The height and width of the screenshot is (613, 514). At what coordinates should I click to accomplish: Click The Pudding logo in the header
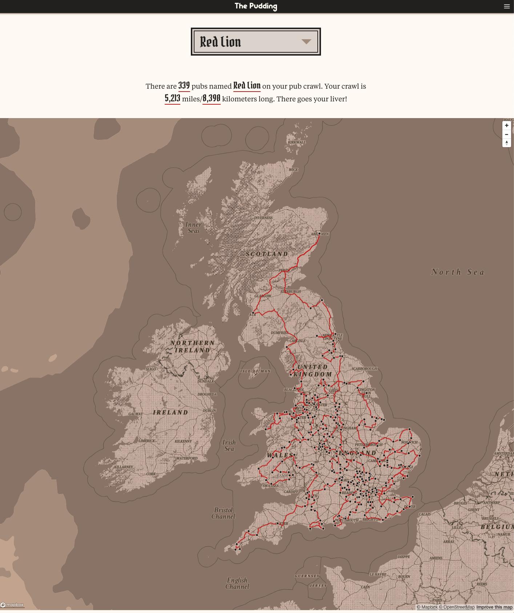[256, 6]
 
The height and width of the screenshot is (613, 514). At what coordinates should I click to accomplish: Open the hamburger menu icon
[507, 6]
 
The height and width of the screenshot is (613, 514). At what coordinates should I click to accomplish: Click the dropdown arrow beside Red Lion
[306, 42]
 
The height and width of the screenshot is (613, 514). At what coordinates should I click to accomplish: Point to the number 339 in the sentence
[184, 86]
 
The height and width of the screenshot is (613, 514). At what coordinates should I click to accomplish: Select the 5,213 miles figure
[172, 98]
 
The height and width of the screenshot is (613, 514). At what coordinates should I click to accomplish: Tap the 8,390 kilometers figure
[212, 98]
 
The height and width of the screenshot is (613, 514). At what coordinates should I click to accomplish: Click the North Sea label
[457, 272]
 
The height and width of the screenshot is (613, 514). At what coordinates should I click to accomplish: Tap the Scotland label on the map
[267, 254]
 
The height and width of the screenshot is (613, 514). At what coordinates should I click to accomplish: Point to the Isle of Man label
[255, 371]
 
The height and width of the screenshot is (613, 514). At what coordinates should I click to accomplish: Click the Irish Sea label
[229, 445]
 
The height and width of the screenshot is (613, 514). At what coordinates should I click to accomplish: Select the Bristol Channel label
[223, 513]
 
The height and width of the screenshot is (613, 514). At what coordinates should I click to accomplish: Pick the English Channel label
[237, 583]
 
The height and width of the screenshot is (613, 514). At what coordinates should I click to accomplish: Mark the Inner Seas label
[193, 227]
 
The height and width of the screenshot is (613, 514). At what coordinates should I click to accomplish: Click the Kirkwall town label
[297, 142]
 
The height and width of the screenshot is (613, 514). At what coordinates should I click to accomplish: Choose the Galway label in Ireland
[135, 414]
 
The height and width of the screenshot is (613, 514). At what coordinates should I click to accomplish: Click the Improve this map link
[494, 607]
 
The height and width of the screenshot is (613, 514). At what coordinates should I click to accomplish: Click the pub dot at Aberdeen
[319, 234]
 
